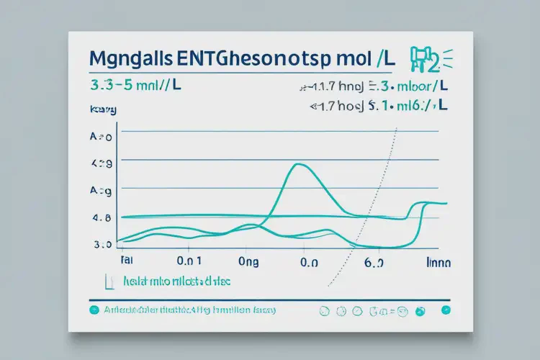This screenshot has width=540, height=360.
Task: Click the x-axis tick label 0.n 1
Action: (189, 263)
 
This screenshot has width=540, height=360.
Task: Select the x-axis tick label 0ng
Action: (249, 263)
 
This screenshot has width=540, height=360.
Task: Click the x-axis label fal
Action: (127, 263)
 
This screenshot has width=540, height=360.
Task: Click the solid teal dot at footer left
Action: (93, 310)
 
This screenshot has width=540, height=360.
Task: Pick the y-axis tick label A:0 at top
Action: (102, 136)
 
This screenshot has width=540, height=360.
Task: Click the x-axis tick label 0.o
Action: (309, 263)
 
